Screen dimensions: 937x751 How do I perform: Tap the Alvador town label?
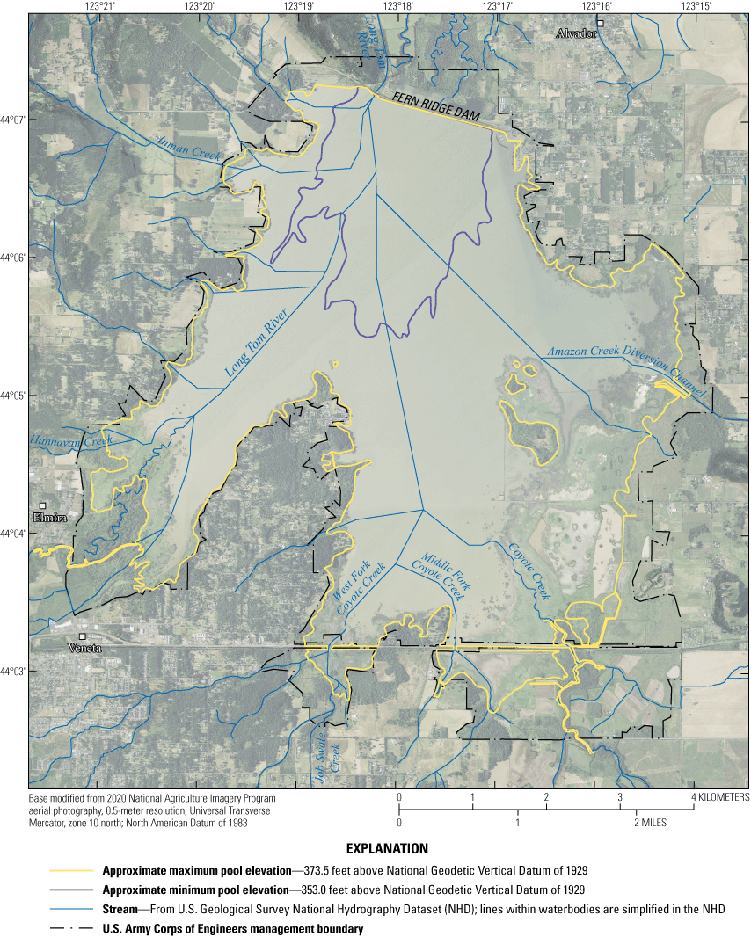[x=576, y=33]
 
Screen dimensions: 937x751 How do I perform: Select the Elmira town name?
[x=49, y=518]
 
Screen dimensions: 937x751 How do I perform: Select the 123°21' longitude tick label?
[x=101, y=6]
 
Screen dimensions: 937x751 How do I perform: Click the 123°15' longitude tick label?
[x=696, y=6]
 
